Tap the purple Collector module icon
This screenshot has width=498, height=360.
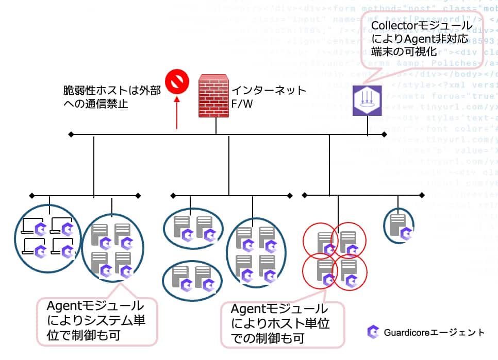(367, 100)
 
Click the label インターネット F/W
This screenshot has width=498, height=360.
(269, 96)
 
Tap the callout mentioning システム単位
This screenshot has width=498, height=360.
(96, 319)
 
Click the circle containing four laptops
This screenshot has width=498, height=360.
(47, 239)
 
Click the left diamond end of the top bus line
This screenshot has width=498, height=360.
(71, 135)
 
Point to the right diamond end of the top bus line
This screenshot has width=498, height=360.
(384, 135)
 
